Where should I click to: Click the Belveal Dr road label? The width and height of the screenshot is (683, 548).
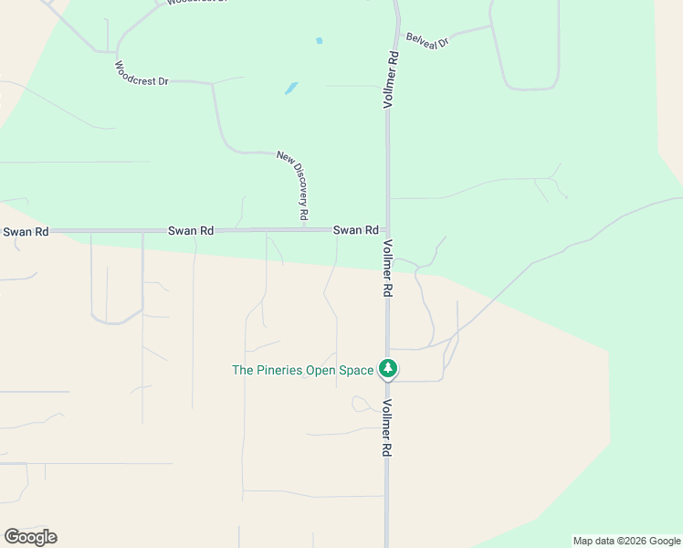click(x=427, y=40)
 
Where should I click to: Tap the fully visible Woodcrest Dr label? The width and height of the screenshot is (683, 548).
click(x=142, y=73)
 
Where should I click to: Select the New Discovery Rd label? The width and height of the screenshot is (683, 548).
click(x=292, y=185)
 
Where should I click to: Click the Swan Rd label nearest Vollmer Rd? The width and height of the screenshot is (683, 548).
click(x=355, y=231)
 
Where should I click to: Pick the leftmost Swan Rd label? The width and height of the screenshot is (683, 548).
click(x=26, y=232)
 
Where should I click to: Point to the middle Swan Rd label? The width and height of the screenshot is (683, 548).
click(x=191, y=232)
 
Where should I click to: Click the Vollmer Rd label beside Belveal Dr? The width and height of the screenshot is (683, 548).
click(x=390, y=81)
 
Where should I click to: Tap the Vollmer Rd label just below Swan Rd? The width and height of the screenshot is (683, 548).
click(x=388, y=268)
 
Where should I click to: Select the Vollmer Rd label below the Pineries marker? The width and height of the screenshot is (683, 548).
click(x=388, y=429)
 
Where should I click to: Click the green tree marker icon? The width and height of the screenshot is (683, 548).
click(x=389, y=369)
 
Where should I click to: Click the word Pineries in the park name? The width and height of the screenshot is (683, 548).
click(x=284, y=370)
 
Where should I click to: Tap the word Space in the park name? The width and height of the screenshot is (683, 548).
click(x=357, y=370)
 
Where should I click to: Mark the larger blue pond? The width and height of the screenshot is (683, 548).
click(x=291, y=89)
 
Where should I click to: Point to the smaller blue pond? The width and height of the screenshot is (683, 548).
click(x=319, y=41)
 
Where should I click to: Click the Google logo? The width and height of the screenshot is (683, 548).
click(x=30, y=537)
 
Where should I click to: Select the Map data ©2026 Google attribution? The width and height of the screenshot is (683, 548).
click(x=626, y=541)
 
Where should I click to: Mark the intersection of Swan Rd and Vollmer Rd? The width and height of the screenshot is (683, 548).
click(x=387, y=229)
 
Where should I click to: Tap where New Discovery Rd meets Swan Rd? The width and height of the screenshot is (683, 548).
click(x=302, y=229)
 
